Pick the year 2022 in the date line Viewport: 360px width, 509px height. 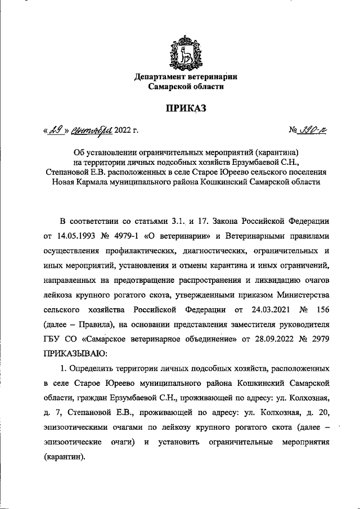[x=124, y=132]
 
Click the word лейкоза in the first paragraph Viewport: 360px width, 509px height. [x=59, y=295]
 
